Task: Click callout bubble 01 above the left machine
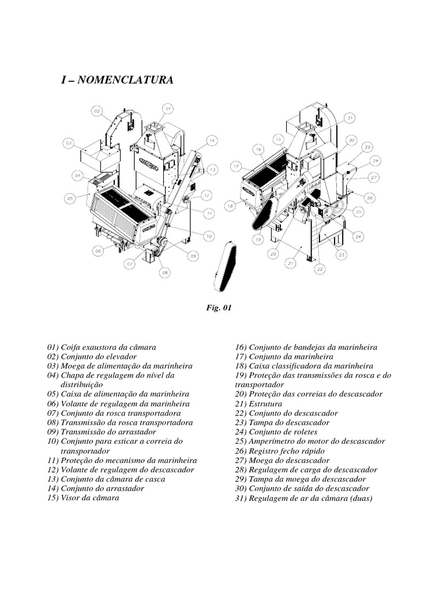click(x=167, y=108)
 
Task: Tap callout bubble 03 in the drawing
click(x=69, y=143)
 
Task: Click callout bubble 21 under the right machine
click(x=291, y=263)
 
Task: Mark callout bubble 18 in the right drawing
click(x=230, y=205)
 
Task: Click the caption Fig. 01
click(x=219, y=308)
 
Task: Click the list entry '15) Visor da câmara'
click(x=83, y=497)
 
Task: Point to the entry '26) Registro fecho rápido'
click(x=279, y=451)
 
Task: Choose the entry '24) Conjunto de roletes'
click(x=276, y=432)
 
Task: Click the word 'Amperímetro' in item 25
click(x=271, y=441)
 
